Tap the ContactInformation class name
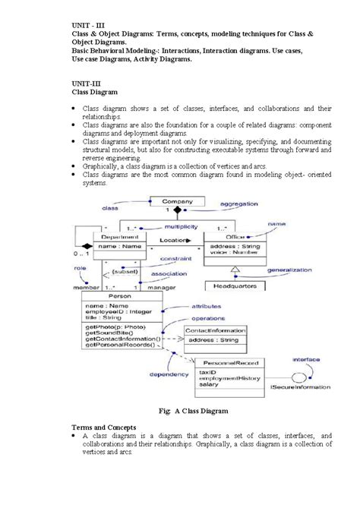click(216, 332)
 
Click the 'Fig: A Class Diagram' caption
click(180, 411)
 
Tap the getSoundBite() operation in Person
click(109, 333)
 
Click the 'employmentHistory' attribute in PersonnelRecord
click(226, 379)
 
